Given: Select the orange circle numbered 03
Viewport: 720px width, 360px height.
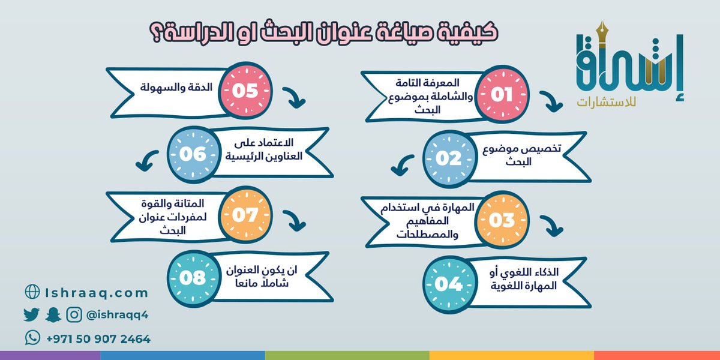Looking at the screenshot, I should (501, 220).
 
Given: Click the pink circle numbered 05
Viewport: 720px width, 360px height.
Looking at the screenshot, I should (244, 91).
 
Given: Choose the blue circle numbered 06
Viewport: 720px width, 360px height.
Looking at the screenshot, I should (192, 154).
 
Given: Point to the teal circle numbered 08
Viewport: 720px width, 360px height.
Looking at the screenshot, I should (192, 278).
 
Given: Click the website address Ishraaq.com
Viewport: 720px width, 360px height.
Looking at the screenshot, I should (96, 293).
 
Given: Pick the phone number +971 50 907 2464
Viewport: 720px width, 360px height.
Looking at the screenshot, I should (98, 339).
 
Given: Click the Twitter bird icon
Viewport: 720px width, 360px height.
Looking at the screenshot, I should (31, 314).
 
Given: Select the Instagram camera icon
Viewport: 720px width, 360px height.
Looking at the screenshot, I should (74, 314).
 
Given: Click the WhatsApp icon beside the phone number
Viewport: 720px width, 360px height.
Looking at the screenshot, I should (32, 338).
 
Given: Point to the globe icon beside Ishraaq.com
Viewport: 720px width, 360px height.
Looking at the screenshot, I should (32, 292).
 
